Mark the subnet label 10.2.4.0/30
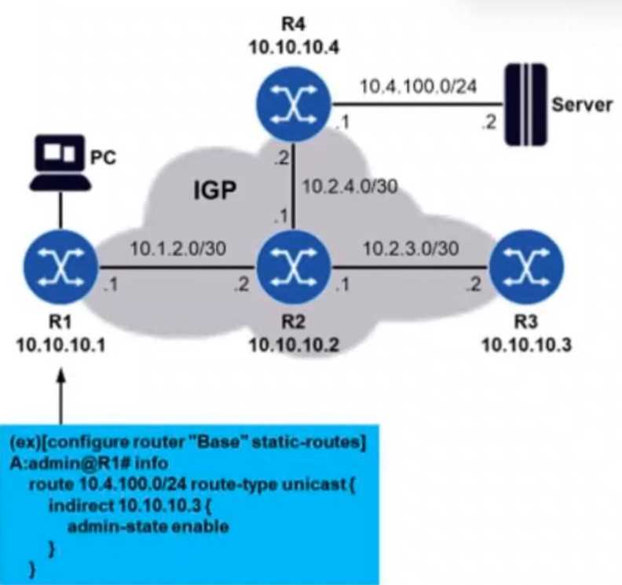pyautogui.click(x=349, y=187)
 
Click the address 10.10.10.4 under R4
pyautogui.click(x=292, y=46)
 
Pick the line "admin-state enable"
pyautogui.click(x=148, y=525)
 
